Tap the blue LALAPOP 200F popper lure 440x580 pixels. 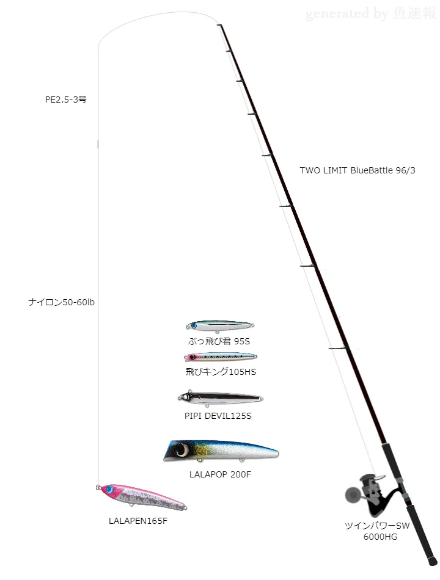[x=220, y=452]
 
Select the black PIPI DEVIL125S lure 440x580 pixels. [x=220, y=399]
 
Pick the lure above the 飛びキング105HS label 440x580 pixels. [x=220, y=357]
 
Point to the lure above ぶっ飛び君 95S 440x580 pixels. [x=220, y=326]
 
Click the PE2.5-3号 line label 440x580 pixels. [x=66, y=99]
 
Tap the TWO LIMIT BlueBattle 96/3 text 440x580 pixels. [x=358, y=170]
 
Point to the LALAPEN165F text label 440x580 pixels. [x=137, y=521]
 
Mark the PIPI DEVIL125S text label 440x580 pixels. [x=218, y=416]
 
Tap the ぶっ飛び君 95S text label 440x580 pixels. [x=219, y=341]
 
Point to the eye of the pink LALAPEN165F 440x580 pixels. [x=109, y=489]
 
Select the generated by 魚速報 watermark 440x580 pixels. [x=371, y=13]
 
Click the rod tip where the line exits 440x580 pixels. [x=219, y=25]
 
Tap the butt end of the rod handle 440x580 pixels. [x=433, y=562]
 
